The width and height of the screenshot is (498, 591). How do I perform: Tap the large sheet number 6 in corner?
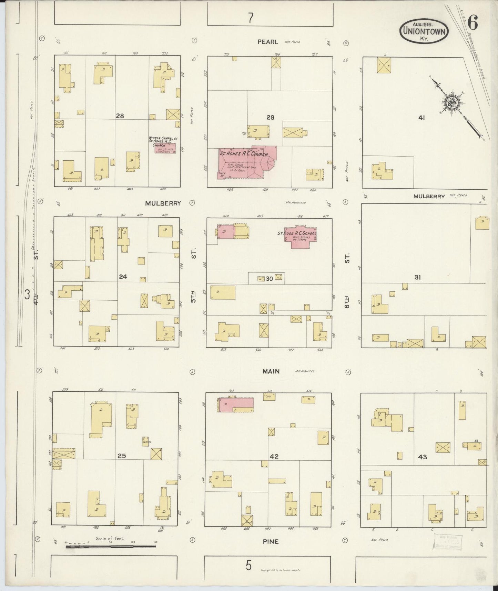(472, 23)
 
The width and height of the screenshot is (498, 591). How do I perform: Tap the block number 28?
(120, 116)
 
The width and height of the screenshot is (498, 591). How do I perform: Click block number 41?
(421, 118)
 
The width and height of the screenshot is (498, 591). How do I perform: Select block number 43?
(422, 457)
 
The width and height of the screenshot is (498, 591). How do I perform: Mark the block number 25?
(121, 456)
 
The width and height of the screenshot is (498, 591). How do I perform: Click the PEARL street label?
(267, 42)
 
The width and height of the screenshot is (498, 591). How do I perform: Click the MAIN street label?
(271, 371)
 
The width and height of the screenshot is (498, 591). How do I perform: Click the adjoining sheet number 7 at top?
(251, 18)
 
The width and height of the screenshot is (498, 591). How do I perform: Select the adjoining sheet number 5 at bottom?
(249, 566)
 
